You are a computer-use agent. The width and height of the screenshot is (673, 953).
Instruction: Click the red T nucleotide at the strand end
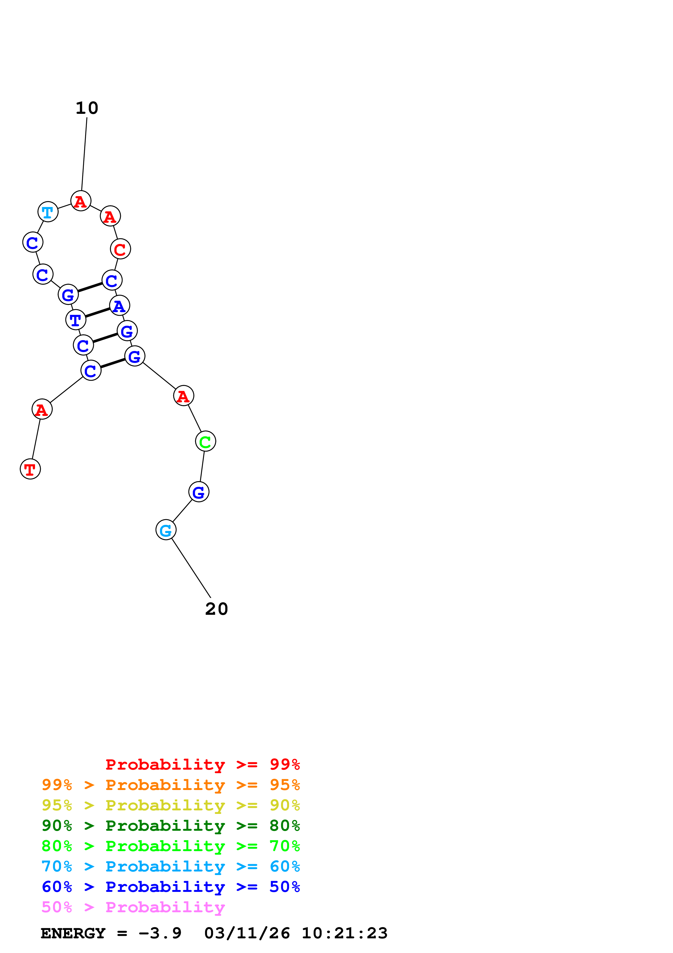[30, 469]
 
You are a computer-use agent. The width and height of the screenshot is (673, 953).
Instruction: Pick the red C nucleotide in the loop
[120, 249]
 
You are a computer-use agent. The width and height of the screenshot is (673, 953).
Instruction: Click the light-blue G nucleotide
[166, 530]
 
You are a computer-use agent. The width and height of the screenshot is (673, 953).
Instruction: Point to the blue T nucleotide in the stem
[75, 320]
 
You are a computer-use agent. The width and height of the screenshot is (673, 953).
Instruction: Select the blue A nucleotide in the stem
[119, 306]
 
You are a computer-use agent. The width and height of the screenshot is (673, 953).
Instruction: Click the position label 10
[87, 108]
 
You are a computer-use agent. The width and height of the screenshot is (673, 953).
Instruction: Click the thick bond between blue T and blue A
[97, 312]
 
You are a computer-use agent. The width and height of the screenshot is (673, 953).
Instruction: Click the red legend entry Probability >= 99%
[202, 764]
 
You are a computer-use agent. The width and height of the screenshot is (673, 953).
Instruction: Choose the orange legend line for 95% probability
[170, 785]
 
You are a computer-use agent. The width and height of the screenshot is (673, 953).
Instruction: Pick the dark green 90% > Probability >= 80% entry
[170, 826]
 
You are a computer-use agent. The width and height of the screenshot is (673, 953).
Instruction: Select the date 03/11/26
[247, 933]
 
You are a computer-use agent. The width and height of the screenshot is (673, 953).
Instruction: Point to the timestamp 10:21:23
[344, 933]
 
